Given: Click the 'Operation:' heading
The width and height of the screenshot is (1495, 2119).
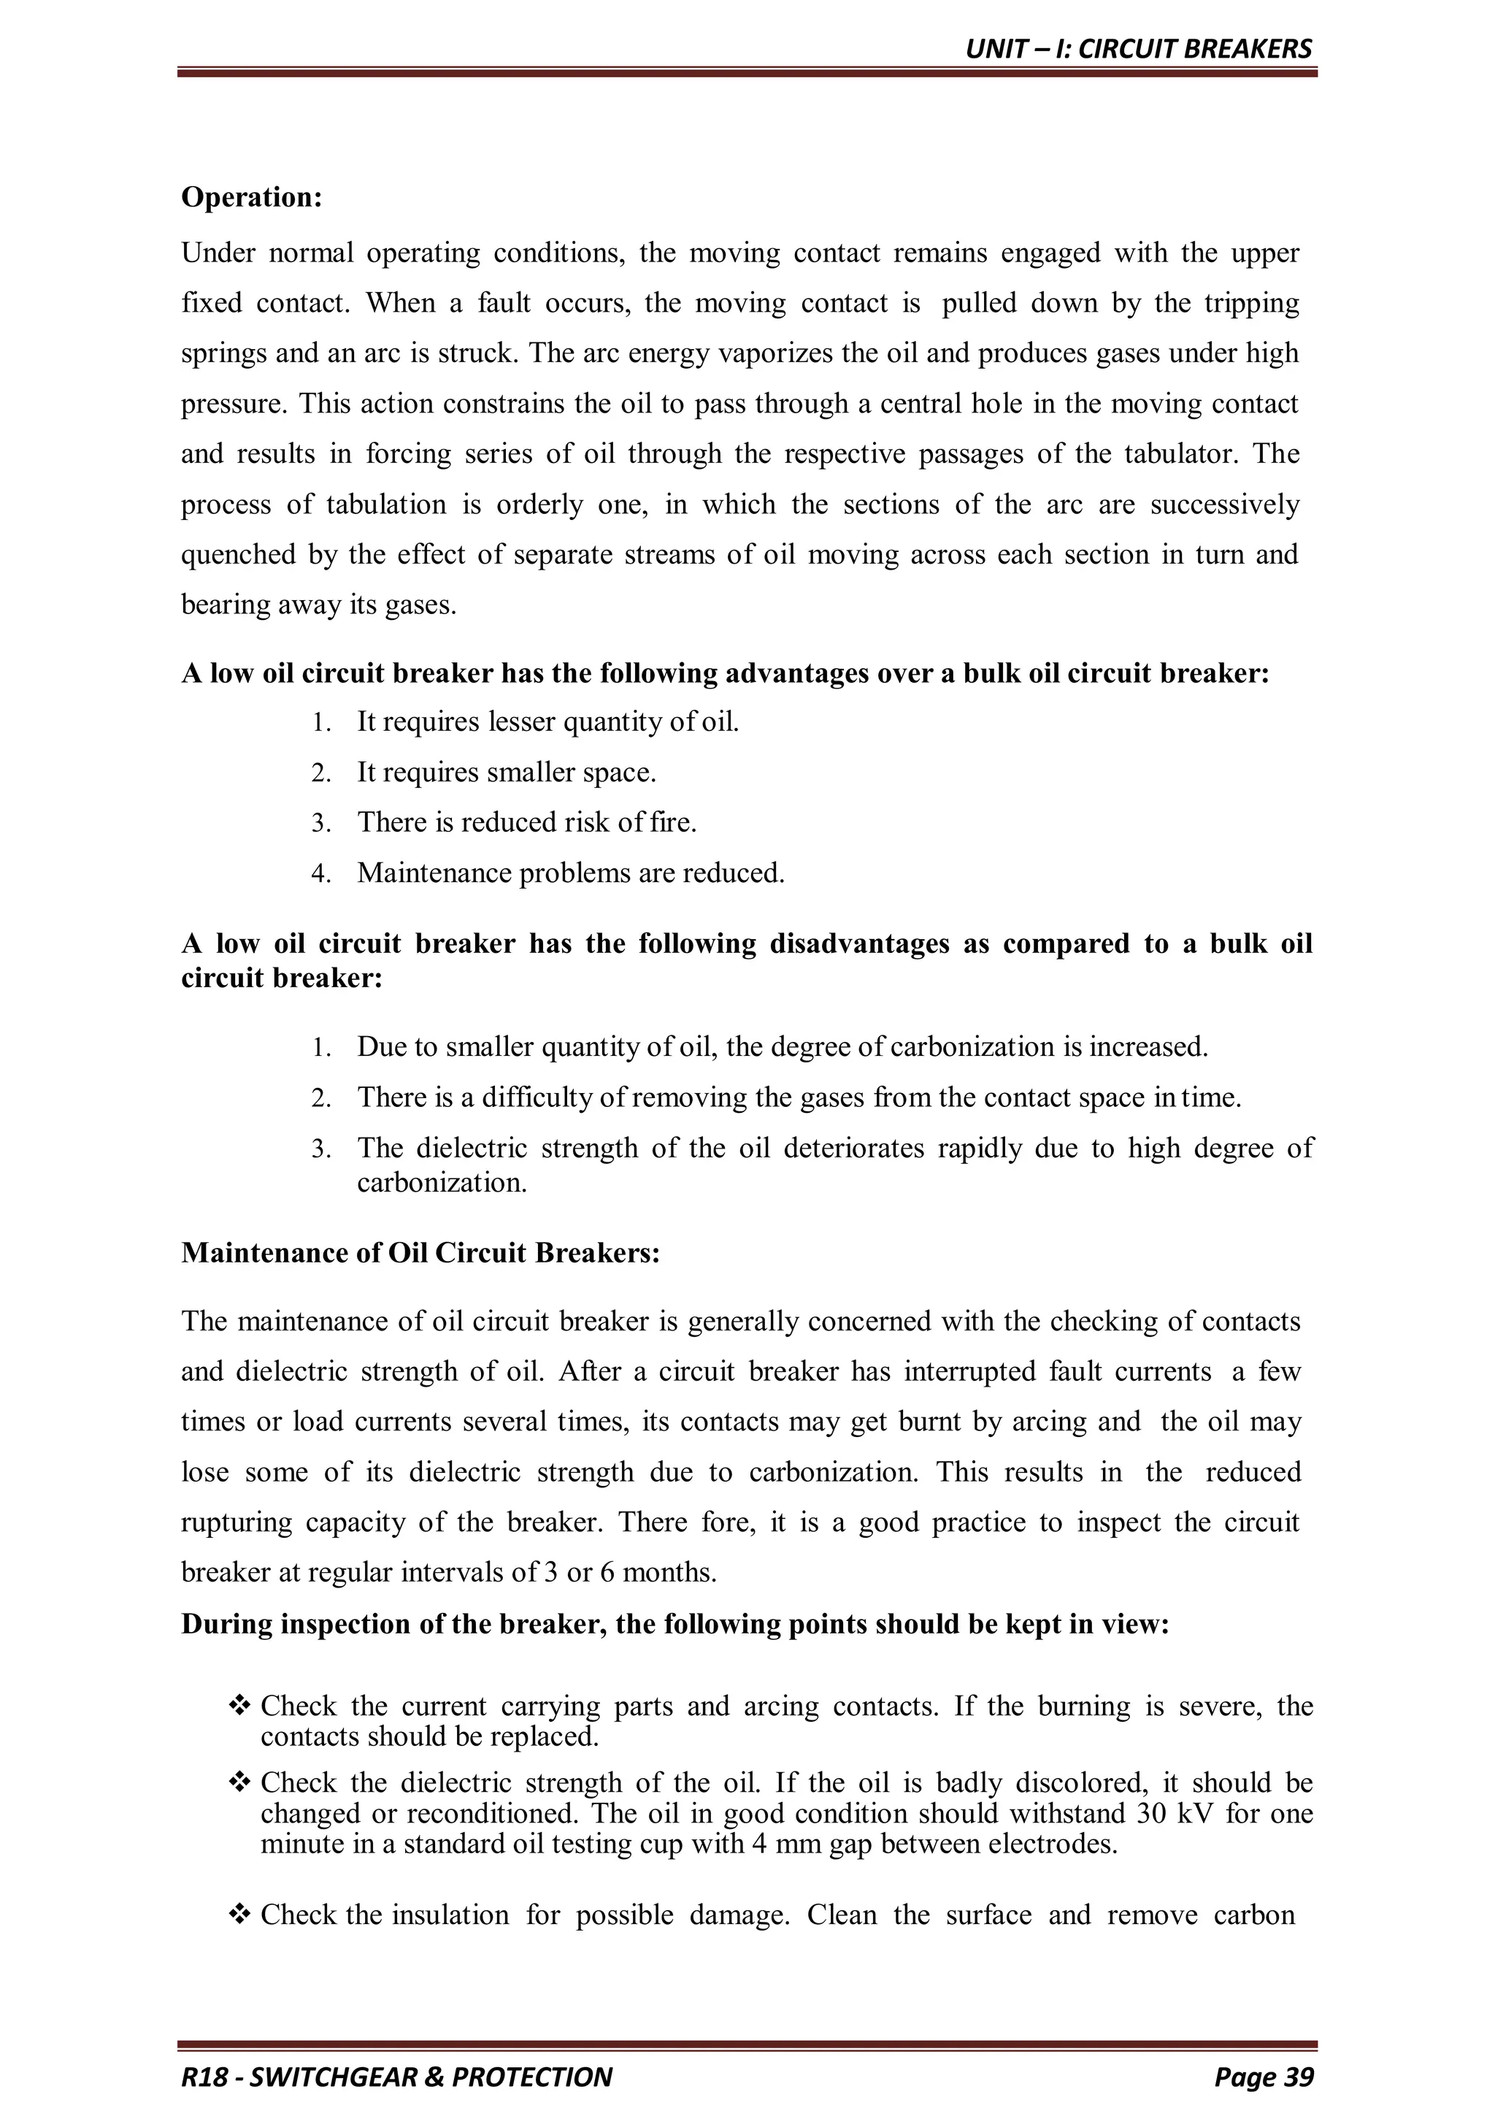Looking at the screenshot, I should point(251,197).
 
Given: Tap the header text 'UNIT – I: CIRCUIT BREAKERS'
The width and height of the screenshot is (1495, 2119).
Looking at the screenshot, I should point(1138,49).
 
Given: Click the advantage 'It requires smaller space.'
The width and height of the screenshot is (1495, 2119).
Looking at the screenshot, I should point(506,773).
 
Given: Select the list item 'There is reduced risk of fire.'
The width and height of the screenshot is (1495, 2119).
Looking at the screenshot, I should point(526,822).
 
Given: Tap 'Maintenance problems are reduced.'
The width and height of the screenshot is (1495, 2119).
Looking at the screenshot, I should point(570,873).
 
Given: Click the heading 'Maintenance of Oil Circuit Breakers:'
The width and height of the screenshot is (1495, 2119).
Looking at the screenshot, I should point(420,1252).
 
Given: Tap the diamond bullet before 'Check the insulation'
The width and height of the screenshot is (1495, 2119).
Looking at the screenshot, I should point(239,1915).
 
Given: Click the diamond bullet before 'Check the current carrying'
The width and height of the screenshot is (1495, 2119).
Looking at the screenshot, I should point(239,1706).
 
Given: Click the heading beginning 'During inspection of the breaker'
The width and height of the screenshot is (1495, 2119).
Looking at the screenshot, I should point(675,1625).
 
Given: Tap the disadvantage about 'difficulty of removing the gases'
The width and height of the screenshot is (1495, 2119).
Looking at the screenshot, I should point(799,1097).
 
